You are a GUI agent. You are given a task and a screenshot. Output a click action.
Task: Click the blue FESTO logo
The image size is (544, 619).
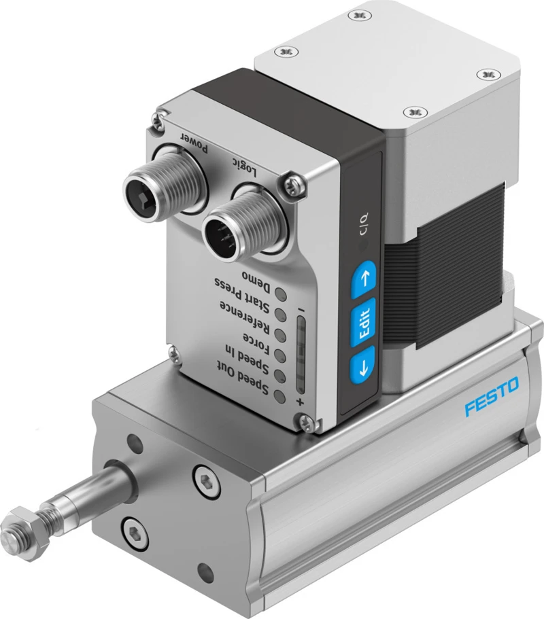[492, 396]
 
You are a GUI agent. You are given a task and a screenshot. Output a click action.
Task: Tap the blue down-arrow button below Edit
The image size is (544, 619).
[362, 366]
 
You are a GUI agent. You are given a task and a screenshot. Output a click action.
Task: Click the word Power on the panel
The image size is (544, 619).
[194, 142]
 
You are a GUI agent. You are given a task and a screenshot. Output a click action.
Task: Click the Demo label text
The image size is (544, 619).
[256, 281]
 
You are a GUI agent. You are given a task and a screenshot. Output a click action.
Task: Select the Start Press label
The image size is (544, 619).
[242, 296]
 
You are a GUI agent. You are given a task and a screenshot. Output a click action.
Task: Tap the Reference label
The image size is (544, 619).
[245, 317]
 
